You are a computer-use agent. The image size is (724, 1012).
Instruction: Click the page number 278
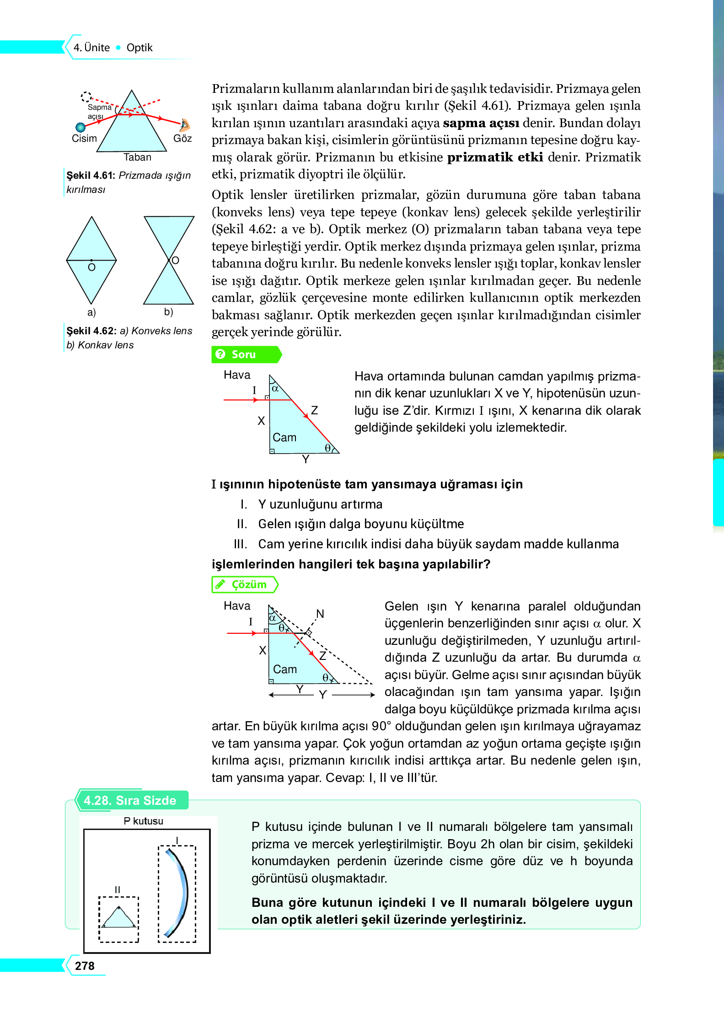point(85,965)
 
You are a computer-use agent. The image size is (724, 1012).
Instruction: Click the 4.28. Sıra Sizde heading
point(130,800)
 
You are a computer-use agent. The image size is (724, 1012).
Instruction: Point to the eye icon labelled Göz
point(184,124)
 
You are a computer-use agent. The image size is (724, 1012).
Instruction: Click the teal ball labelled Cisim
point(80,127)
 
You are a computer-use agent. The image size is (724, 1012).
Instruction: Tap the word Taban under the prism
point(137,157)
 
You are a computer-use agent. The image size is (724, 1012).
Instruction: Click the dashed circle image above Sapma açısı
point(86,96)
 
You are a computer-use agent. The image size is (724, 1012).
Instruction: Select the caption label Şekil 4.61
point(91,176)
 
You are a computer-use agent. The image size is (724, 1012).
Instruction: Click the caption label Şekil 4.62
point(91,331)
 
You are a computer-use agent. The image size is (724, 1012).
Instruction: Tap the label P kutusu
point(144,821)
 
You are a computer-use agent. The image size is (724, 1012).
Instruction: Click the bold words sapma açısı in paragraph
point(481,123)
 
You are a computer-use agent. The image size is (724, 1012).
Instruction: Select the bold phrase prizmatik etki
point(495,157)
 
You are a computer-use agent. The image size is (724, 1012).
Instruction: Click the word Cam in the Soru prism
point(284,438)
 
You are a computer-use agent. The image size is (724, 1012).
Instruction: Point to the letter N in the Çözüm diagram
point(320,614)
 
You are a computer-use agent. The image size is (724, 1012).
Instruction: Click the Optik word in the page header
point(139,48)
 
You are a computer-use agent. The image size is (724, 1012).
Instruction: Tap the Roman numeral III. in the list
point(240,544)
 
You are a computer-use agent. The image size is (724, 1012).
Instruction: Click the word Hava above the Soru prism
point(237,375)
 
